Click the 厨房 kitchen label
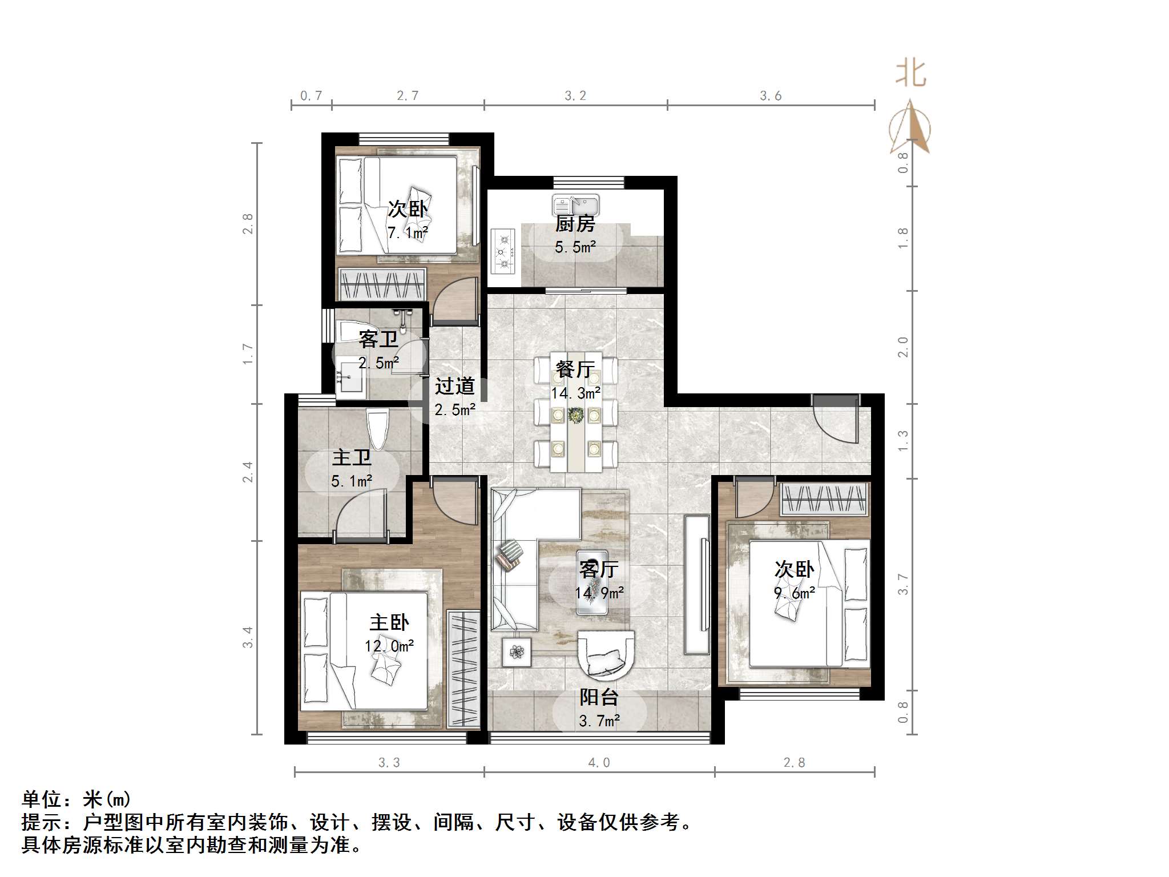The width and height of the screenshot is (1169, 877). (575, 224)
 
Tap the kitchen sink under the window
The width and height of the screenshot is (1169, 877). (575, 204)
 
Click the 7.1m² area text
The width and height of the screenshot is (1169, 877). (408, 233)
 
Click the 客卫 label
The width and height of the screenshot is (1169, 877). (378, 339)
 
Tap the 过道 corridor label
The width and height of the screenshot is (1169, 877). (454, 386)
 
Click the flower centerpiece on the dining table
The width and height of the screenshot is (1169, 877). (576, 415)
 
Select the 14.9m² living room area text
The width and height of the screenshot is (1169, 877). (599, 593)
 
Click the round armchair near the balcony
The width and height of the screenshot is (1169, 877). (606, 655)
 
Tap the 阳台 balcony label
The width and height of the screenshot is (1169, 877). (599, 697)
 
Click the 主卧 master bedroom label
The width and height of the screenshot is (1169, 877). (389, 622)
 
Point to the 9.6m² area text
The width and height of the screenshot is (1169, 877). (794, 593)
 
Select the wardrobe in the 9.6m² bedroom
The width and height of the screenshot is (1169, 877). (823, 499)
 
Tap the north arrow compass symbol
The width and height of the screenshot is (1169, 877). (910, 128)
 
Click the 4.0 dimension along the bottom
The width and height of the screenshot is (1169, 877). (599, 763)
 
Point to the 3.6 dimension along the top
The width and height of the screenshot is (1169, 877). (770, 96)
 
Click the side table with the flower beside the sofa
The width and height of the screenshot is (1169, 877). (517, 651)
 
